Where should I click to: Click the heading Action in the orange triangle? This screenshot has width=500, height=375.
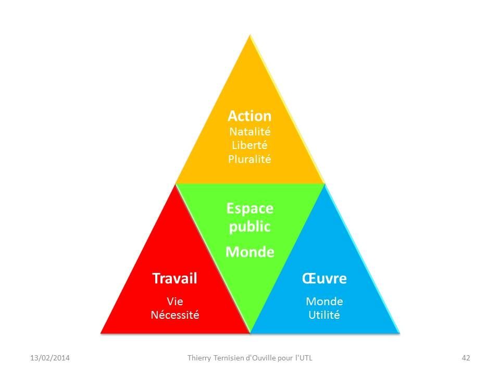[249, 116]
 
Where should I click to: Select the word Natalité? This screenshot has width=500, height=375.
[250, 131]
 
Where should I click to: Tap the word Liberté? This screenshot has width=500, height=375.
[249, 145]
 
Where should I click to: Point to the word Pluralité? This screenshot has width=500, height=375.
[249, 159]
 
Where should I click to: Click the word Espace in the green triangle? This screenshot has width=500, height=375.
[249, 209]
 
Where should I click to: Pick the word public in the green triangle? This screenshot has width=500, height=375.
[249, 227]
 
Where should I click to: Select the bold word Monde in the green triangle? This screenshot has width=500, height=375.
[249, 252]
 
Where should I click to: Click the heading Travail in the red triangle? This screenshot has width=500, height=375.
[175, 278]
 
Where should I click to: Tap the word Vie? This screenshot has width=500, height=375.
[175, 301]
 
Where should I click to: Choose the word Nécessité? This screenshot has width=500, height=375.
[175, 315]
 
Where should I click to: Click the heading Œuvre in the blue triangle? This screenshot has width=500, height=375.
[324, 278]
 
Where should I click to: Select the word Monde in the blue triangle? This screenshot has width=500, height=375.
[324, 301]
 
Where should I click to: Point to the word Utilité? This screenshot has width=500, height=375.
[324, 315]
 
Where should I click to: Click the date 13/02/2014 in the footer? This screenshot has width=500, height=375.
[50, 358]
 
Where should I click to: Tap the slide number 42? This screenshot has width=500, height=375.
[466, 358]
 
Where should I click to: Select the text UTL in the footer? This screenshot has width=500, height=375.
[306, 358]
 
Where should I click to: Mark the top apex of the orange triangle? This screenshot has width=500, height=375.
[250, 35]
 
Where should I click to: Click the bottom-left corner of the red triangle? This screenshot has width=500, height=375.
[101, 333]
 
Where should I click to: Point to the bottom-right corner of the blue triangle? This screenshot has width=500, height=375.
[399, 333]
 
